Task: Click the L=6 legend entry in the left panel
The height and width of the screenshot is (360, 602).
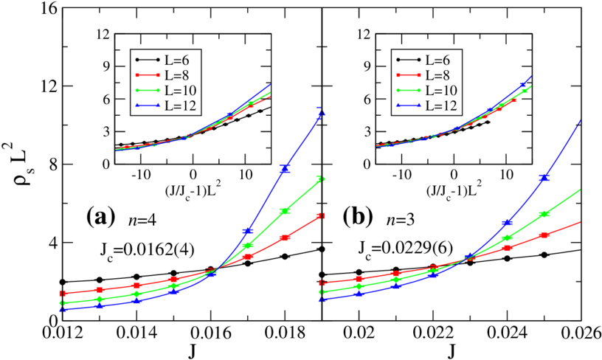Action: coord(165,59)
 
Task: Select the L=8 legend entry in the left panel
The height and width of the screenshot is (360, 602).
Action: coord(165,75)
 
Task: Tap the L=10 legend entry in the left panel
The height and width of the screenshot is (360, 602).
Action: coord(165,90)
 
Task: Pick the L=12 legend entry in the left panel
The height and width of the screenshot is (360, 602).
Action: coord(165,105)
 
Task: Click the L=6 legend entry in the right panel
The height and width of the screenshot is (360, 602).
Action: coord(426,59)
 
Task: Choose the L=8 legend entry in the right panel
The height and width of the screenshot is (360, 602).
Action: coord(426,75)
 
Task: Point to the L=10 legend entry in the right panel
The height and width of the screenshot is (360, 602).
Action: coord(426,90)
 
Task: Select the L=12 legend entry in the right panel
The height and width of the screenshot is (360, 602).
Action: coord(426,105)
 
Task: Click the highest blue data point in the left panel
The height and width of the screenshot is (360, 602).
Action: coord(320,111)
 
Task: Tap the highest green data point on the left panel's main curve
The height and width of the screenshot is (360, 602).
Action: coord(320,179)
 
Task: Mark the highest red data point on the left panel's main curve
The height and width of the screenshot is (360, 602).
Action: coord(320,215)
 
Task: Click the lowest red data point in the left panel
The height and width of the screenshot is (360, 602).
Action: coord(63,294)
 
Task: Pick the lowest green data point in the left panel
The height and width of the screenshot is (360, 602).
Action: coord(63,303)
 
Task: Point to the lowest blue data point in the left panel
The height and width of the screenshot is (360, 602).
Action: coord(63,310)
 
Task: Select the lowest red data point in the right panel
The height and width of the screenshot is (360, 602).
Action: coord(322,283)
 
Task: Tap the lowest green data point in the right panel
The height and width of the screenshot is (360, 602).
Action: coord(322,292)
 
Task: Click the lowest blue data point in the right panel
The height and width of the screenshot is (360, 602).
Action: coord(322,300)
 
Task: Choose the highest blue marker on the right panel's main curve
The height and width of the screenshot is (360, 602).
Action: coord(545,178)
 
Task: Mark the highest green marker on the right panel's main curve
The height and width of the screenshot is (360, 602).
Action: coord(545,214)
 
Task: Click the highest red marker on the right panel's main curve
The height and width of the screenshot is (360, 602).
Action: coord(545,235)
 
